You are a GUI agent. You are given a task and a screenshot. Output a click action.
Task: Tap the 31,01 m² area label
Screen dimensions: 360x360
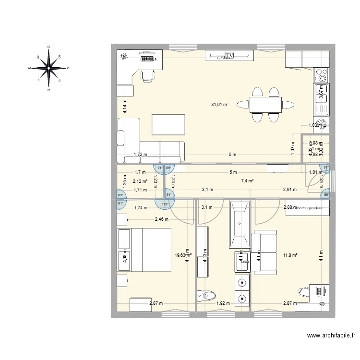coord(220,104)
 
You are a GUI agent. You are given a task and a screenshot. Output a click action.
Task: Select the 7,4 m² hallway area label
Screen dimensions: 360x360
coord(247,181)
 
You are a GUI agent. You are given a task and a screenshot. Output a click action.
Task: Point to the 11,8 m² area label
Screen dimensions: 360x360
coord(290,255)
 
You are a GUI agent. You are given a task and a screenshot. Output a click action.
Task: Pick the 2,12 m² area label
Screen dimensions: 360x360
coord(127,181)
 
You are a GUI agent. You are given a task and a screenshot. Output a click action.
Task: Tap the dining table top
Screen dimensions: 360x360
coord(265,104)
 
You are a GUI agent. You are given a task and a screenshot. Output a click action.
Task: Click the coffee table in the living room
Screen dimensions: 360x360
coord(168,124)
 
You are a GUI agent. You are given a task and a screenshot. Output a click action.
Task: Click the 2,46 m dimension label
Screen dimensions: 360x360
coord(162,219)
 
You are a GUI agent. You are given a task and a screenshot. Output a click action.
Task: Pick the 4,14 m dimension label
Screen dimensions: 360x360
coord(124,106)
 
